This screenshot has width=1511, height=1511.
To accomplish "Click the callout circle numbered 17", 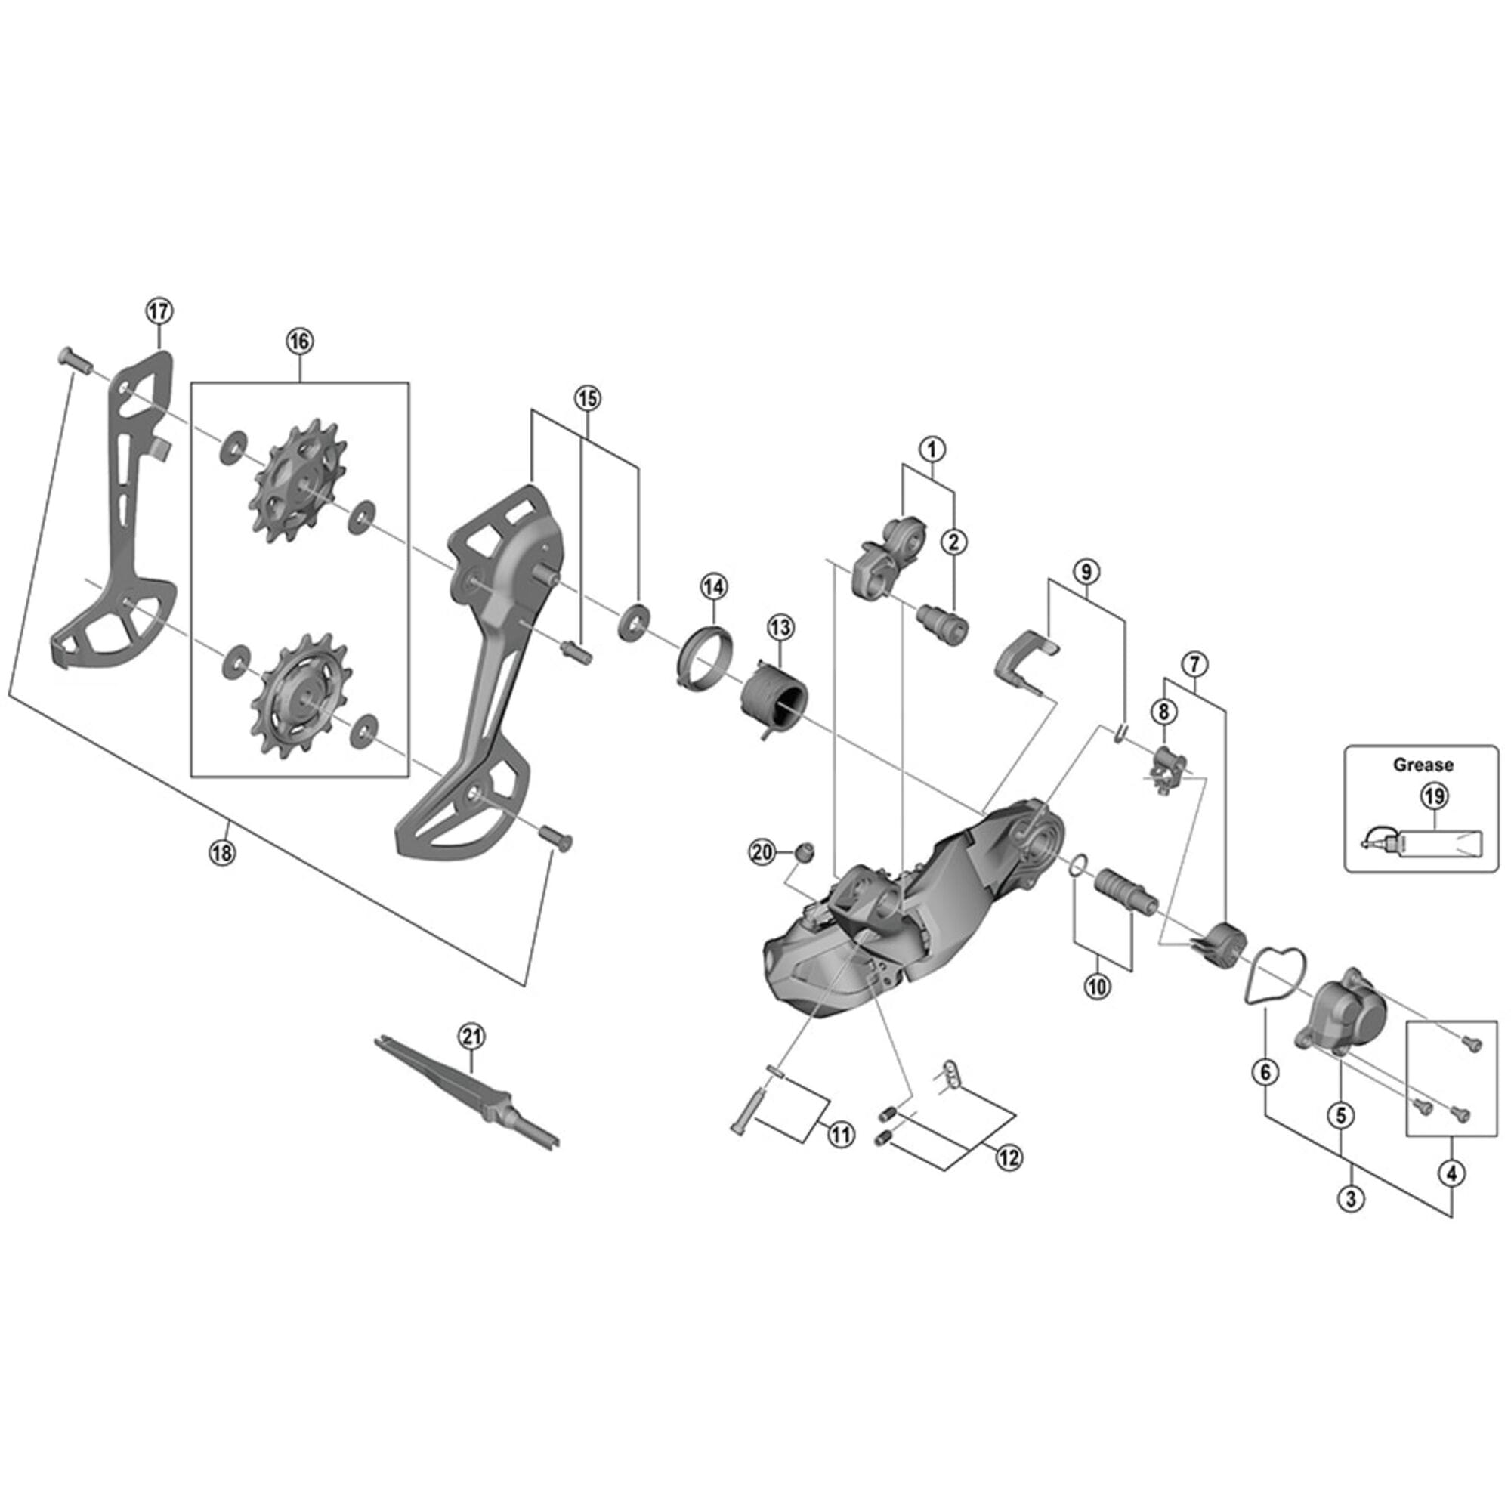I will (x=159, y=311).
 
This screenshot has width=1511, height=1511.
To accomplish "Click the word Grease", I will (x=1423, y=765).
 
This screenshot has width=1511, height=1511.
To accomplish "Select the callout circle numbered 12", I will (x=1008, y=1157).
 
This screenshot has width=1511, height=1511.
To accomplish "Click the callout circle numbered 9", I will (x=1086, y=573).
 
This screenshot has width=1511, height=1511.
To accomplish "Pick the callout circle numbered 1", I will (x=932, y=449).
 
